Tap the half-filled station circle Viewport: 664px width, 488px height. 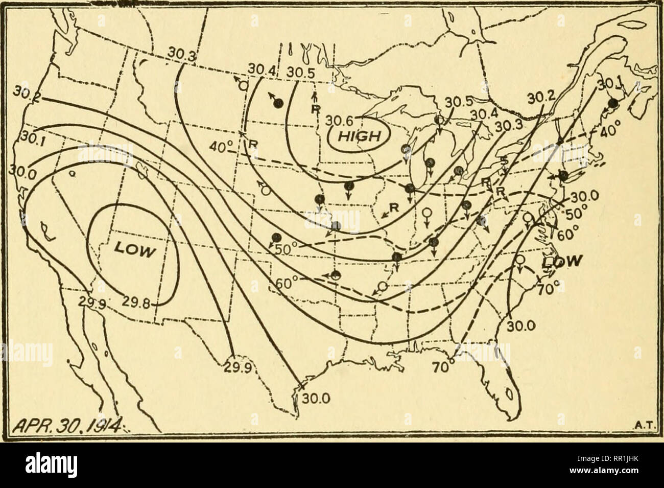[x=335, y=276]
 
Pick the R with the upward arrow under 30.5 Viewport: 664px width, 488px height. [x=315, y=107]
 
